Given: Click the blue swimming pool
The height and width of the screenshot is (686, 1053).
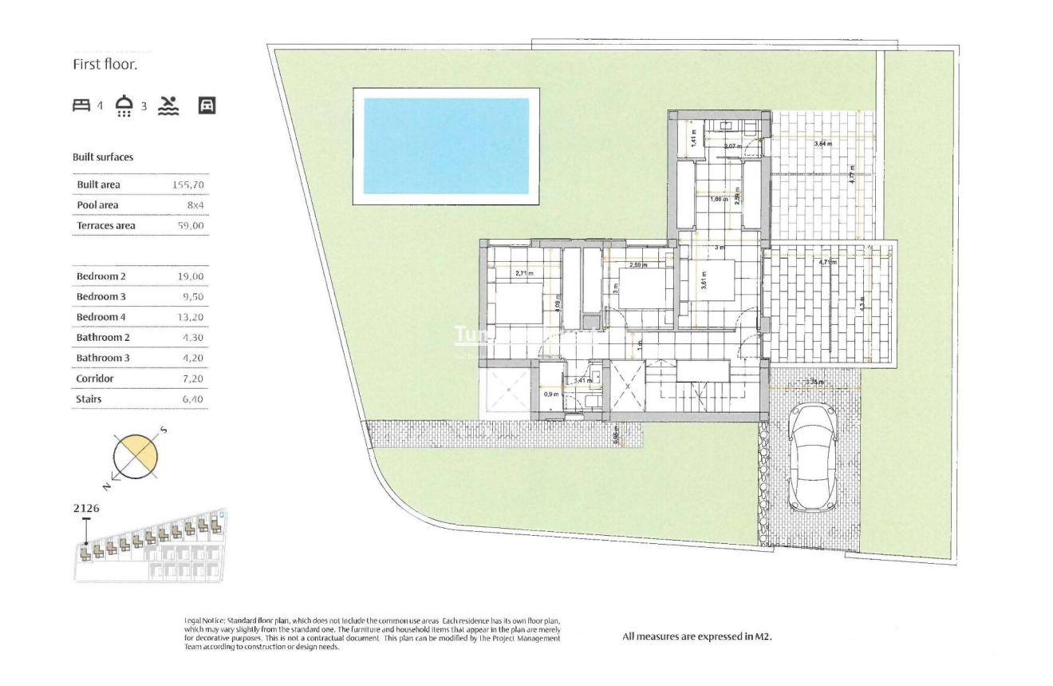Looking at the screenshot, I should tap(446, 145).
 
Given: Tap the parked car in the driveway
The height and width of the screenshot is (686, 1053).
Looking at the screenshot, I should tap(810, 458).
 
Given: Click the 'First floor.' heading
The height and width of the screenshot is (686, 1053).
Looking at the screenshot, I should tap(105, 65).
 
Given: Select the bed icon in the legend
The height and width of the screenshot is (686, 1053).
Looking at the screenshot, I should tap(82, 105).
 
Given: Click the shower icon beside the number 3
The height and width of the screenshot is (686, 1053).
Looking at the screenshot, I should tap(124, 105).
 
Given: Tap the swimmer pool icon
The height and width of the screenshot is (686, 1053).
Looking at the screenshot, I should tap(168, 105).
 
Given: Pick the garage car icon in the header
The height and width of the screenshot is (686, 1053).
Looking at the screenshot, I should tap(207, 105).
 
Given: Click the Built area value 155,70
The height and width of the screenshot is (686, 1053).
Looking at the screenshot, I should tap(191, 185).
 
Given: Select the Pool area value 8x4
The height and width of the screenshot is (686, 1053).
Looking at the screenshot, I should tap(196, 205).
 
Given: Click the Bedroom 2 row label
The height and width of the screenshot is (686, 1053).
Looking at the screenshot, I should tap(101, 277).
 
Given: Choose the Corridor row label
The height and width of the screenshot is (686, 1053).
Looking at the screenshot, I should tap(95, 379).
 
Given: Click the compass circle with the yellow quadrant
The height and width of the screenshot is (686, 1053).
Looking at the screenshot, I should tap(136, 457).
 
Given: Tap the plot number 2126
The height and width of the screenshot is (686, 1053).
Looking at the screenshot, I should tap(86, 507).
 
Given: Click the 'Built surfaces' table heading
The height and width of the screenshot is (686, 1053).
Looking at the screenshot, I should tap(103, 157).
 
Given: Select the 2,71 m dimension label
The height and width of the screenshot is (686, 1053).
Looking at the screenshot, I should tap(523, 273).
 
